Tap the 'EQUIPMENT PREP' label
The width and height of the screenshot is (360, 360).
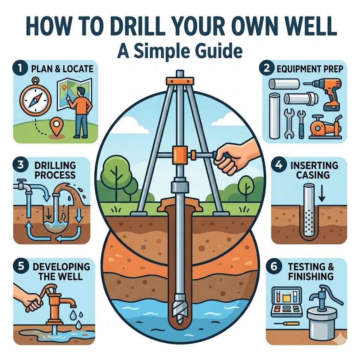coord(309,69)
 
